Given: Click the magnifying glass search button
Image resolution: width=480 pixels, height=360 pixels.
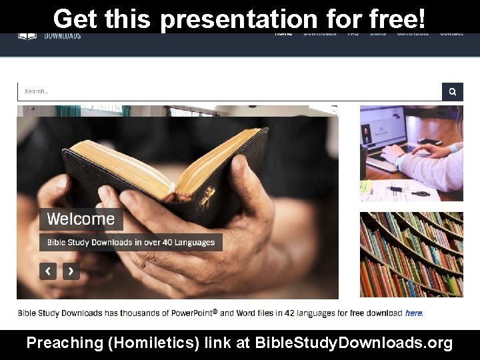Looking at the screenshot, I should click(x=453, y=91).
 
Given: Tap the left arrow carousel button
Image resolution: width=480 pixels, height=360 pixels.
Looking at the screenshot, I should click(x=47, y=271).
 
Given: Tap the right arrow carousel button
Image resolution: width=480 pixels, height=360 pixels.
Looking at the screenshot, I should click(x=71, y=271).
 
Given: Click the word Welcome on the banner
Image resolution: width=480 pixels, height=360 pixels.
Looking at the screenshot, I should click(x=81, y=219).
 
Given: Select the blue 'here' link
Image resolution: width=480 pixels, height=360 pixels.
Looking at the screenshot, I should click(x=413, y=313).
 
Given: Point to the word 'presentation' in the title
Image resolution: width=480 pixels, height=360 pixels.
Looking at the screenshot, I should click(x=239, y=19).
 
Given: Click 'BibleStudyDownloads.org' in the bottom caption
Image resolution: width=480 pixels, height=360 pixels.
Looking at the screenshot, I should click(x=354, y=343).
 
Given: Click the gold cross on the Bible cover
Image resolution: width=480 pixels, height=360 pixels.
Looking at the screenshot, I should click(x=207, y=197).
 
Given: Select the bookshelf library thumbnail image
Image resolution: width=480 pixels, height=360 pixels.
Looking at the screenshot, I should click(x=411, y=254).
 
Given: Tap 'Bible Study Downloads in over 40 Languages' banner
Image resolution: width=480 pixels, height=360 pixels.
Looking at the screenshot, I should click(x=131, y=242).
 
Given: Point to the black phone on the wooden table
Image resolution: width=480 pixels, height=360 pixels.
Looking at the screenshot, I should click(x=430, y=141).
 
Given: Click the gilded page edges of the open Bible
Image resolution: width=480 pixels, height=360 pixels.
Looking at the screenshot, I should click(x=133, y=160).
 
